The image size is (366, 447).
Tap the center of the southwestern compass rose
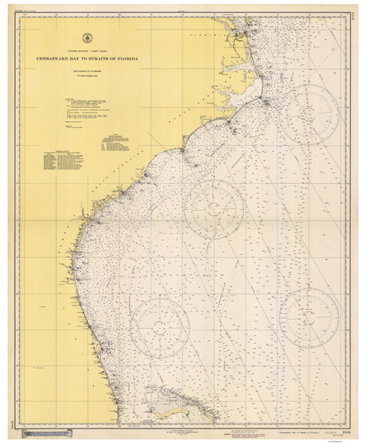[159, 323]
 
